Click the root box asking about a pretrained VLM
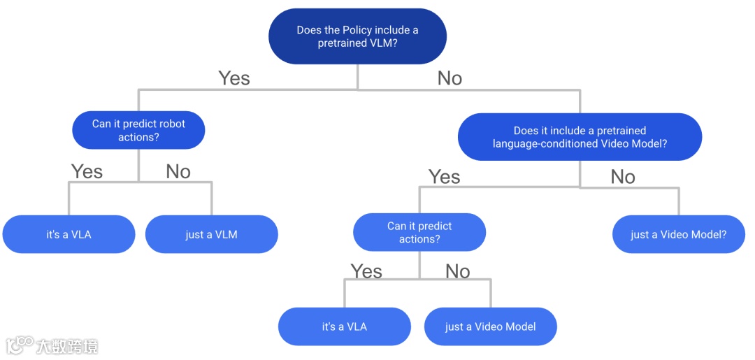357,36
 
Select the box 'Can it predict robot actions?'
138,131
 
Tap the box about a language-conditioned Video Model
580,137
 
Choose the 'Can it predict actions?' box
419,232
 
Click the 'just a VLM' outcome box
211,234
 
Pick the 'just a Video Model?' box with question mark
678,234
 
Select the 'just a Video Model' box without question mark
490,326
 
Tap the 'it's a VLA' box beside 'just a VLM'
69,234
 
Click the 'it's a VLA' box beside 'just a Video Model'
344,326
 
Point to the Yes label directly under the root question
233,78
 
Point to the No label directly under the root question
450,78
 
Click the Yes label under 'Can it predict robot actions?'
87,171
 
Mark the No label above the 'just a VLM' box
178,171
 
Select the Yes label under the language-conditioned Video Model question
444,177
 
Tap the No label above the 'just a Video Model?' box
622,177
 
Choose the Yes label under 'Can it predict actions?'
366,271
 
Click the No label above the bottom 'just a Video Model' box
457,271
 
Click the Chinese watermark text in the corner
67,346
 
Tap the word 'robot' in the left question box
171,124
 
